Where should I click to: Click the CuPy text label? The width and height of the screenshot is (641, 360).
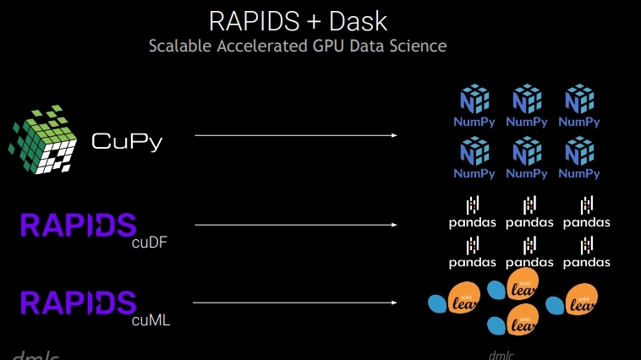(126, 141)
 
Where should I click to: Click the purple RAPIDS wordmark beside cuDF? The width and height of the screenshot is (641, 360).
(77, 226)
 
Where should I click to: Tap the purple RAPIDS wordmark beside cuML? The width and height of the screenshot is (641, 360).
(77, 302)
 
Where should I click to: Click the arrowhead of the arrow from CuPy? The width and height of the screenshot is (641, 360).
(395, 135)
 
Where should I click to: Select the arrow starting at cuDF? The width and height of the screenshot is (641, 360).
(296, 225)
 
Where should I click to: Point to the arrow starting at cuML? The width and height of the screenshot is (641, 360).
(296, 302)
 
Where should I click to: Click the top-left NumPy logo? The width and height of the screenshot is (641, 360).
(474, 105)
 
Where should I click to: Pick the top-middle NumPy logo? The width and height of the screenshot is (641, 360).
(527, 105)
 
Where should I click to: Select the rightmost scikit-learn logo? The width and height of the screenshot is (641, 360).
(573, 303)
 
